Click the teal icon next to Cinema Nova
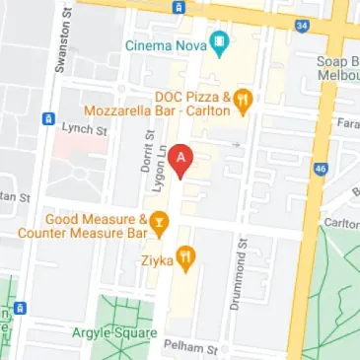tap(218, 44)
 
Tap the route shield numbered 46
tap(320, 169)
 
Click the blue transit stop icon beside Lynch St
tap(47, 119)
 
